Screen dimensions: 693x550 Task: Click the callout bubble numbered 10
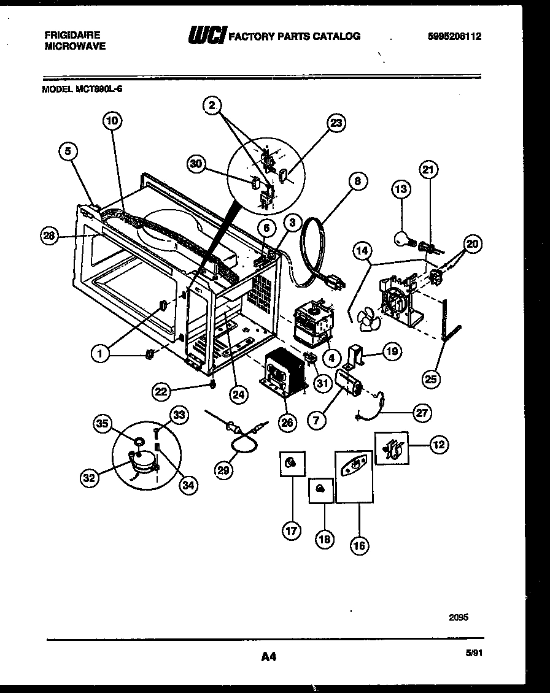click(112, 121)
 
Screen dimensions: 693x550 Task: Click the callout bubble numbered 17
click(291, 530)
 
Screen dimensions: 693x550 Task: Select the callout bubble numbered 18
click(324, 539)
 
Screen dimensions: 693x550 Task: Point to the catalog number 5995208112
click(454, 36)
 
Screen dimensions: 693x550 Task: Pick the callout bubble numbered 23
click(335, 123)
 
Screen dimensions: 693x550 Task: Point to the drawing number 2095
click(459, 618)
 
